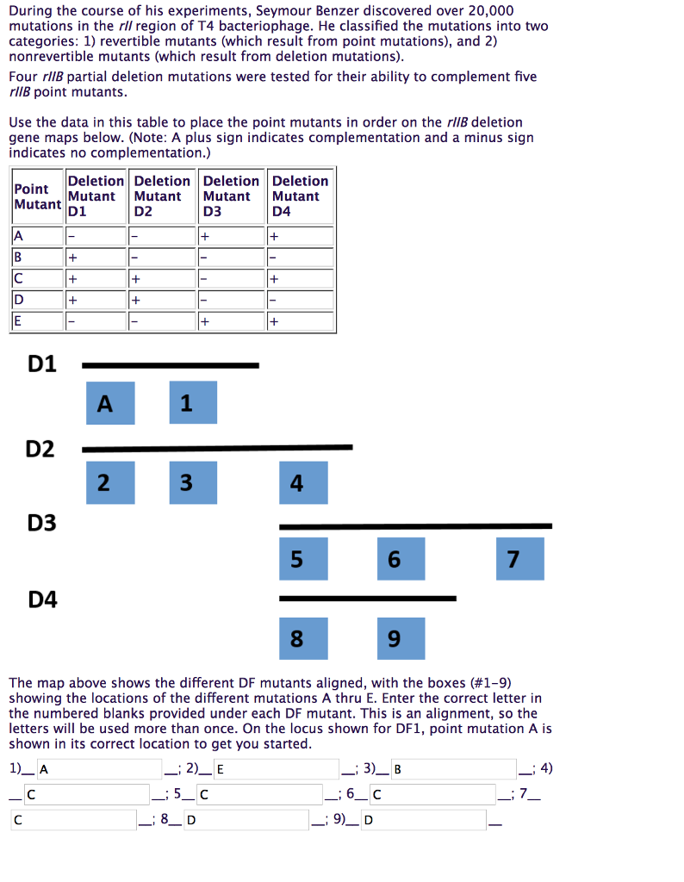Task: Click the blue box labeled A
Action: pyautogui.click(x=110, y=403)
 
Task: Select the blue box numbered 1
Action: pyautogui.click(x=186, y=402)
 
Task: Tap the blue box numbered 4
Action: pyautogui.click(x=296, y=482)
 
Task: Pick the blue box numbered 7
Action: pyautogui.click(x=513, y=558)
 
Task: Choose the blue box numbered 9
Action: pyautogui.click(x=394, y=638)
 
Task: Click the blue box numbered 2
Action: pyautogui.click(x=103, y=482)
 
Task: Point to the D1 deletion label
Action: pyautogui.click(x=42, y=363)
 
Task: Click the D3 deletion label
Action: pyautogui.click(x=42, y=522)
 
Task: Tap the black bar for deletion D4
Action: pyautogui.click(x=367, y=598)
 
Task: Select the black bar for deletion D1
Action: pyautogui.click(x=170, y=365)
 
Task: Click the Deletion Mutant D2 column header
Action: pyautogui.click(x=162, y=196)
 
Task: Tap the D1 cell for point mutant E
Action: pyautogui.click(x=96, y=321)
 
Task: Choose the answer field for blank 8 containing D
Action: pyautogui.click(x=246, y=819)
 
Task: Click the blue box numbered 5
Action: pyautogui.click(x=296, y=558)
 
